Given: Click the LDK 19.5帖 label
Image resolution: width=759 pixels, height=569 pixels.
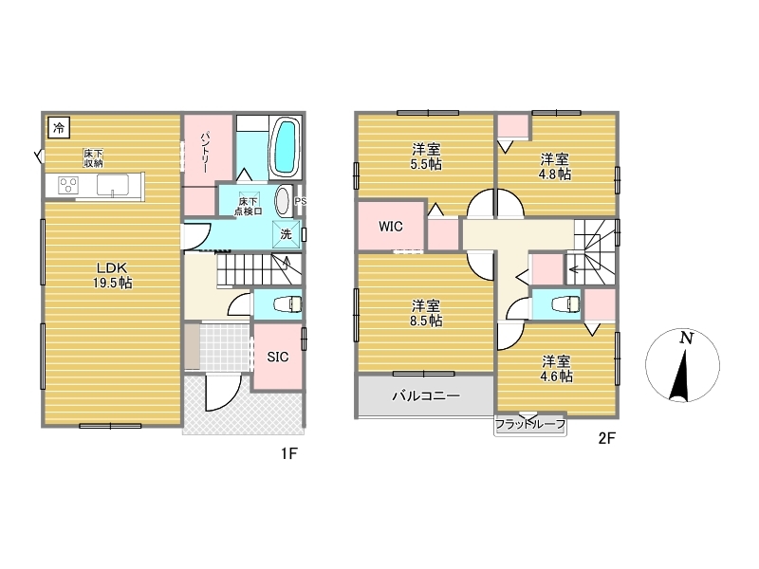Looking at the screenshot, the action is [112, 275].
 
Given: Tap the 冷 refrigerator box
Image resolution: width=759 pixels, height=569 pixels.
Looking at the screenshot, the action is [59, 128].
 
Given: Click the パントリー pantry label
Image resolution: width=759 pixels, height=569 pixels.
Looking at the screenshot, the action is [205, 152].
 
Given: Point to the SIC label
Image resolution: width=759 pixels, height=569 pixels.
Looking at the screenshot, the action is [278, 358].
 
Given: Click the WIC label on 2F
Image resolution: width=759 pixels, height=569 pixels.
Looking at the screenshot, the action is [391, 227].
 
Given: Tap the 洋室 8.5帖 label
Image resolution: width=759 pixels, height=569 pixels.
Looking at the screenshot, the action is [426, 313].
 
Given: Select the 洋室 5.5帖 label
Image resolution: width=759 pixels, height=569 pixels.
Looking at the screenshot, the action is [426, 156].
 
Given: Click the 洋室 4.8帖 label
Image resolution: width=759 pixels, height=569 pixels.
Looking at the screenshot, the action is [555, 166].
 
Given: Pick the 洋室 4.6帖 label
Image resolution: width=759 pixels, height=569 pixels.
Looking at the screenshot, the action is [556, 369].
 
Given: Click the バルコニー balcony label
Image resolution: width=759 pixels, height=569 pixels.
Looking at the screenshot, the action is [426, 396].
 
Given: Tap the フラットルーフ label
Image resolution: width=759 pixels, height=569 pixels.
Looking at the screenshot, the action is [530, 425].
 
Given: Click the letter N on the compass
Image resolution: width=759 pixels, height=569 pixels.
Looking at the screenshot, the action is [686, 338].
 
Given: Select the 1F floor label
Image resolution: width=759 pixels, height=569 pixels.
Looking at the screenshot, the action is [289, 453].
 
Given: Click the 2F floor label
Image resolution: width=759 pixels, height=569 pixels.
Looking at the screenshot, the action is [606, 438].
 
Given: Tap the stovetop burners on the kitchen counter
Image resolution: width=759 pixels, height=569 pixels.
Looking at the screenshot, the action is [68, 185].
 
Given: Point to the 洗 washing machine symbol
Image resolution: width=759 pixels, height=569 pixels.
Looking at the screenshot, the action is [287, 234].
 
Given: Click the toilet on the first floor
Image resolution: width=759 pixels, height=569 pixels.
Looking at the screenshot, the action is [288, 304].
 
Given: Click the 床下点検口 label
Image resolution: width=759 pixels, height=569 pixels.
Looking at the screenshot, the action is [248, 206].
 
